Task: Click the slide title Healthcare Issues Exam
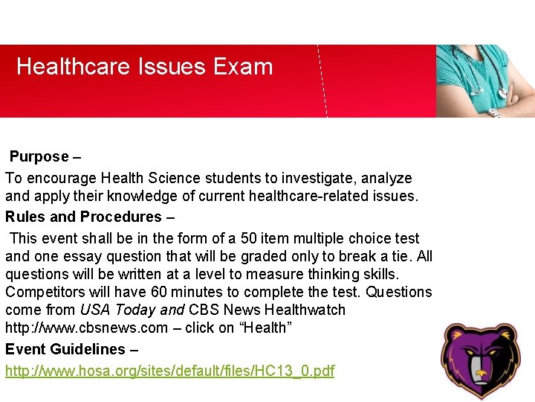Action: (x=145, y=67)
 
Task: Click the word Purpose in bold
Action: (x=39, y=157)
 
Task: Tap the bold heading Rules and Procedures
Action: (x=83, y=217)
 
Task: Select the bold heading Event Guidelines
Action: (x=65, y=349)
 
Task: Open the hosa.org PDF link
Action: (x=170, y=371)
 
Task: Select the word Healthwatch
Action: (x=301, y=310)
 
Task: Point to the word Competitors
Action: (x=42, y=292)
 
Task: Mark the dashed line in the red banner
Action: (x=322, y=82)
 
